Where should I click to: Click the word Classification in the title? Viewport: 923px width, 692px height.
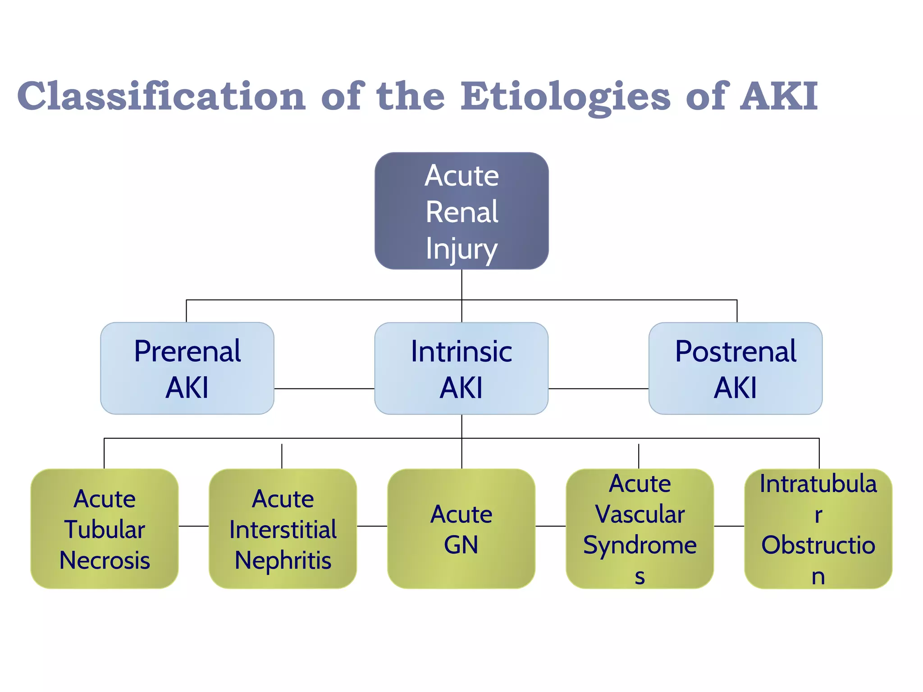(161, 96)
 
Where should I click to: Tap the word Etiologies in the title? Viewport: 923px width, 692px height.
(566, 96)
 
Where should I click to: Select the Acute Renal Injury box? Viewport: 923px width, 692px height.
(461, 211)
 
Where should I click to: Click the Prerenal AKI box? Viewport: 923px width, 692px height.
(187, 368)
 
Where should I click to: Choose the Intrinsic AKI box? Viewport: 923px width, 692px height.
(461, 368)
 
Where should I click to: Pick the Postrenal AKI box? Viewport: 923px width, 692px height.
(736, 368)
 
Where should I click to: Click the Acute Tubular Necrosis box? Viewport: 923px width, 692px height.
(105, 528)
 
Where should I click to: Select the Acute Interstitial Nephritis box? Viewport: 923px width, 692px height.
(283, 528)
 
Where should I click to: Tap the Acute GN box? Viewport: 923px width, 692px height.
(461, 528)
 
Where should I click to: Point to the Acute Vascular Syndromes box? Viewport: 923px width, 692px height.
(640, 528)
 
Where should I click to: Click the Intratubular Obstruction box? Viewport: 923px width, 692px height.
(818, 528)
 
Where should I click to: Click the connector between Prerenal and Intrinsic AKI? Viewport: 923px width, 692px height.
(324, 388)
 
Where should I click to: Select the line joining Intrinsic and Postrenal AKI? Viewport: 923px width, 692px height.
(598, 388)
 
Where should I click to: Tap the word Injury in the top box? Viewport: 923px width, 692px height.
(461, 249)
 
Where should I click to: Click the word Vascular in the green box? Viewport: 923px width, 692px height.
(640, 514)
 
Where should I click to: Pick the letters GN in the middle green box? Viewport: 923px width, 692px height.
(461, 545)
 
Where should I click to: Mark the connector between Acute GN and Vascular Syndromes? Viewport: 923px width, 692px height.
(550, 526)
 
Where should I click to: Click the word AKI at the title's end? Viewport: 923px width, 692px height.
(779, 96)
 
